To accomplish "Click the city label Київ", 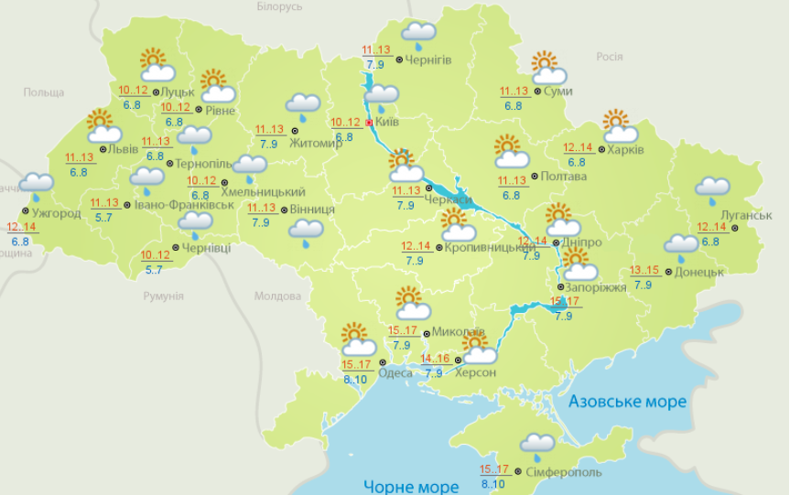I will click(x=387, y=122).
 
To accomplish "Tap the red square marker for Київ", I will click(x=369, y=122).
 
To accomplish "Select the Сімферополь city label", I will click(x=564, y=472).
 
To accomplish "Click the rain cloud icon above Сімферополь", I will click(x=537, y=446).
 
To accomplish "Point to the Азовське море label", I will click(x=627, y=402).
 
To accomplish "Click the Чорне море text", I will click(x=410, y=485).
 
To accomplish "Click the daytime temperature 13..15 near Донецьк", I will click(x=644, y=271).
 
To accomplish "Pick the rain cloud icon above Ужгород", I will click(x=37, y=184).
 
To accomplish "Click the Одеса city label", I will click(x=395, y=372).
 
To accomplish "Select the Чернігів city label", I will click(x=427, y=59).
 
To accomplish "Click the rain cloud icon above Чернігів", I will click(x=418, y=35).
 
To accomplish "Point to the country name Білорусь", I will click(x=279, y=6).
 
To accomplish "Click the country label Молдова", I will click(x=277, y=296).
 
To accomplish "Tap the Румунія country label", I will click(x=163, y=296).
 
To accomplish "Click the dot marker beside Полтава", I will click(x=536, y=177).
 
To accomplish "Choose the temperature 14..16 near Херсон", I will click(x=436, y=359).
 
